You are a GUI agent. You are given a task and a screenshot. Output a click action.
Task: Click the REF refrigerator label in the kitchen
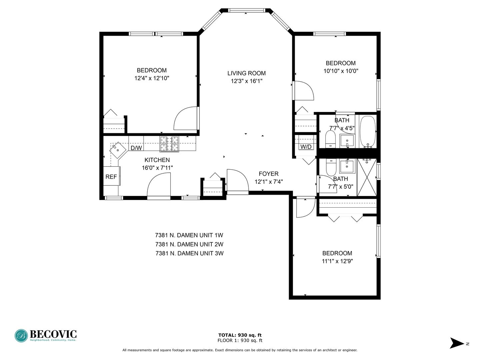tap(111, 177)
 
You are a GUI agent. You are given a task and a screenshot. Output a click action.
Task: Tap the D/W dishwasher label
tap(136, 148)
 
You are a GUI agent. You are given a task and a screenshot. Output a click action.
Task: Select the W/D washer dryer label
tap(306, 147)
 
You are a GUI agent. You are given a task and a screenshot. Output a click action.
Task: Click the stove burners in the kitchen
tap(169, 144)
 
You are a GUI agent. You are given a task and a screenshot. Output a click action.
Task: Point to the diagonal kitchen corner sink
tap(118, 150)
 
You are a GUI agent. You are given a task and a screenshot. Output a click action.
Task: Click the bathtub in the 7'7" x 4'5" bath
tap(368, 132)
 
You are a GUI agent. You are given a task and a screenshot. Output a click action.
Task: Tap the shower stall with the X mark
tap(367, 177)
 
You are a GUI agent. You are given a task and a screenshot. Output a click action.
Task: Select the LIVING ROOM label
tap(246, 73)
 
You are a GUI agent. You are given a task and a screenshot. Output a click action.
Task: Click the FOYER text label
tap(269, 174)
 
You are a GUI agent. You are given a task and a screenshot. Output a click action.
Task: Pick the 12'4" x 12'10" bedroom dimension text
tap(152, 78)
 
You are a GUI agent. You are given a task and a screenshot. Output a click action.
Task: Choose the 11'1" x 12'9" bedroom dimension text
tap(337, 261)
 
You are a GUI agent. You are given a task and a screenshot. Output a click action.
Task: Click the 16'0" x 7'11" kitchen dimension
tap(157, 168)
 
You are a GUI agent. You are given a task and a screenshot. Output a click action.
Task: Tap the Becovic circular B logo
tap(21, 336)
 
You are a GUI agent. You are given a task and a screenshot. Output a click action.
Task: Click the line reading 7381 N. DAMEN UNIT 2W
tap(189, 244)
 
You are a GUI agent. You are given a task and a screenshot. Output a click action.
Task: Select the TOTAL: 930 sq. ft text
tap(240, 335)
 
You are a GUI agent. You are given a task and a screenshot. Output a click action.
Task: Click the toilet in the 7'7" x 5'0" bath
tap(331, 167)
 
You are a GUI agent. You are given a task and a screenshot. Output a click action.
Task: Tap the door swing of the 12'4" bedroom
tap(186, 118)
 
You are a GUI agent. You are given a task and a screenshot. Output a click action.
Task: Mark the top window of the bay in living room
tap(246, 10)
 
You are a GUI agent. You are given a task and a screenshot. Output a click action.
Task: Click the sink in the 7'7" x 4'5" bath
tap(347, 141)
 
